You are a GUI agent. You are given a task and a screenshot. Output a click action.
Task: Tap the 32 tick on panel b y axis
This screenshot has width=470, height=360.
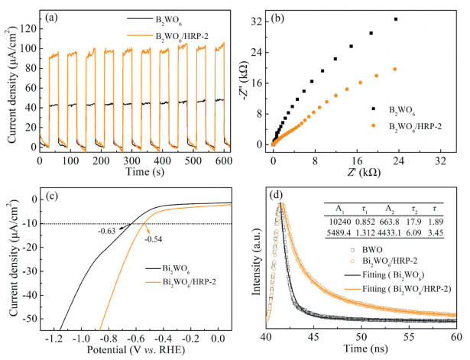(256, 23)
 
